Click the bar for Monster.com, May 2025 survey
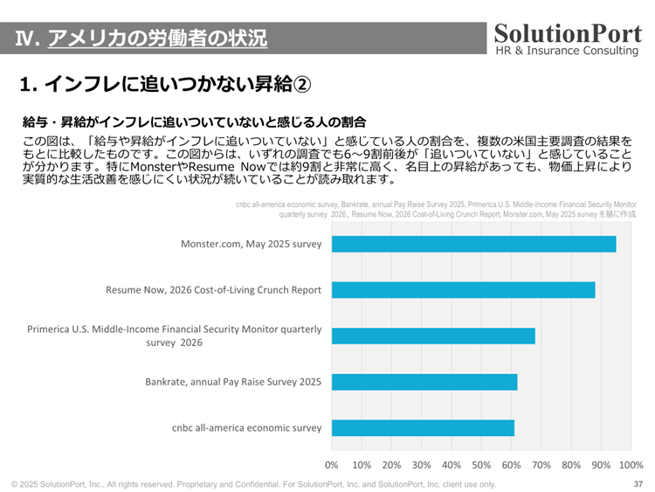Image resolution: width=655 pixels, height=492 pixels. (473, 244)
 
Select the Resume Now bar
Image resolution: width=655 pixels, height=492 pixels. (463, 290)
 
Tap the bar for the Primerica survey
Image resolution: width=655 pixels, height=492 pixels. (433, 336)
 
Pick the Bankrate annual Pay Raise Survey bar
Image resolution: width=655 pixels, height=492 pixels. (424, 382)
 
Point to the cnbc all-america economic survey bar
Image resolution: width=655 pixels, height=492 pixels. (423, 428)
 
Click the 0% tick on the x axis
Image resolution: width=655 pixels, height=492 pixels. (332, 465)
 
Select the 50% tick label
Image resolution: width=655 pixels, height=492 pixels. (481, 465)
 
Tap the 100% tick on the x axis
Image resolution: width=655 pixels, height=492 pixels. (631, 465)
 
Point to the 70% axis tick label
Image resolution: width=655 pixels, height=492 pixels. (541, 465)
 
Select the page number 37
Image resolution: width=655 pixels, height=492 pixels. (638, 484)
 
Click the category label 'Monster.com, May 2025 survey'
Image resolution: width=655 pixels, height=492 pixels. (251, 244)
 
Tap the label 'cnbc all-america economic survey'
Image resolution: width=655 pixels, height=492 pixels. (246, 428)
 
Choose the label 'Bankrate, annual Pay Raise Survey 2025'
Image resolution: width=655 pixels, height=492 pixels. (233, 382)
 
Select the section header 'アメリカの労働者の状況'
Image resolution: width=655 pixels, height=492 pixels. (157, 38)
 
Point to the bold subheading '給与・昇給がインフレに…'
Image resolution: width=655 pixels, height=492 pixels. (193, 121)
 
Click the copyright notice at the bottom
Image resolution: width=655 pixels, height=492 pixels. (253, 484)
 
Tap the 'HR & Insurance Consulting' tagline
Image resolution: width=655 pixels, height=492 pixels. (567, 51)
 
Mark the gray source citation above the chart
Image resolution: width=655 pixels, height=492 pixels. (436, 208)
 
